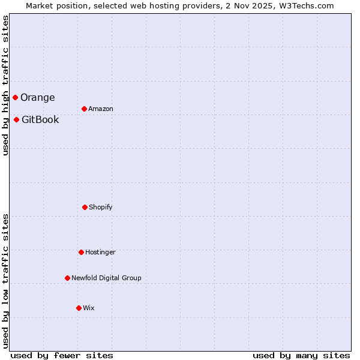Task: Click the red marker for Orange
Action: [x=15, y=97]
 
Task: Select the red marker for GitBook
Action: [x=16, y=119]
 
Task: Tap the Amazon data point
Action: [x=84, y=109]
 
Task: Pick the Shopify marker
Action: [x=85, y=207]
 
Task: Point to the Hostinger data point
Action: [x=81, y=252]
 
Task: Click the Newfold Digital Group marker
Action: [x=67, y=278]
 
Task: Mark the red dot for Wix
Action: [x=79, y=308]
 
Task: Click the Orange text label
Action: [x=38, y=97]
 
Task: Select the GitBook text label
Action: [x=40, y=119]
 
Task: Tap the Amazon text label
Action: [x=101, y=109]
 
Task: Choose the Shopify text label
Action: [x=101, y=207]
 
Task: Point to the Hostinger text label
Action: [x=100, y=252]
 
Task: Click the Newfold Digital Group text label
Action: [x=106, y=278]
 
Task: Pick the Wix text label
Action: [x=89, y=308]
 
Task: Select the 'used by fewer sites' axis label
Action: [x=61, y=355]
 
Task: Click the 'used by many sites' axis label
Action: [x=301, y=355]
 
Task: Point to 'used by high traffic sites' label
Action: [x=5, y=86]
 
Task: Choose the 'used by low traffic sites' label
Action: [x=5, y=280]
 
